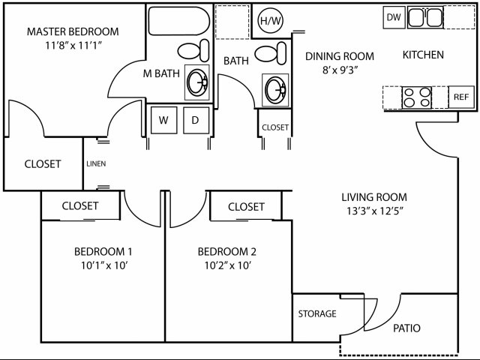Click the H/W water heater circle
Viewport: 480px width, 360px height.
tap(270, 20)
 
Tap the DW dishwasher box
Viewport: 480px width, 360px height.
tap(394, 17)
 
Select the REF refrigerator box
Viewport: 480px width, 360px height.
tap(461, 97)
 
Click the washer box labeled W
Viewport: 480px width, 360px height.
tap(163, 120)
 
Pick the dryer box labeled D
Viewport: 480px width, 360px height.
tap(196, 120)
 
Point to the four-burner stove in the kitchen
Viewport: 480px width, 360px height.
tap(417, 97)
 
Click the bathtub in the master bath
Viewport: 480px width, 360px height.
tap(179, 21)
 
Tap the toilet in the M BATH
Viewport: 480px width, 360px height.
tap(193, 50)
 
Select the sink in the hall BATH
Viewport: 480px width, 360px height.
tap(275, 90)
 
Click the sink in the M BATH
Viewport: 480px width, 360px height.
tap(197, 82)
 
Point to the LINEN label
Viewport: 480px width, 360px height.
tap(96, 163)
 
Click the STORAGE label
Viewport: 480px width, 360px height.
tap(317, 313)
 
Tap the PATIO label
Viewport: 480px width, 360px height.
tap(406, 328)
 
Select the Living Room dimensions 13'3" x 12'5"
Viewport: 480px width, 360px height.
tap(375, 211)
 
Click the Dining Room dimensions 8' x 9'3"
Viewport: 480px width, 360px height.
tap(340, 70)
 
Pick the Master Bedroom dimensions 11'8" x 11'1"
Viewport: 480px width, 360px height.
tap(73, 46)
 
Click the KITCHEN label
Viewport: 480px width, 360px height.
tap(423, 55)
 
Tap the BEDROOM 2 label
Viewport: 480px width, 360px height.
tap(226, 252)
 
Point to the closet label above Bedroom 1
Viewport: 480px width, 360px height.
tap(80, 205)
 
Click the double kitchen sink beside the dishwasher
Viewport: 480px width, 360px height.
tap(425, 18)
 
